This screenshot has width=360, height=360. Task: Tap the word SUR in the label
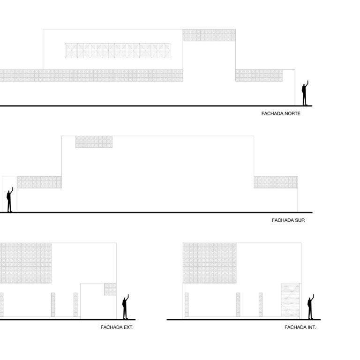coord(300,220)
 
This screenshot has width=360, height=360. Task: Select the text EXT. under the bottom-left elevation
coord(128,327)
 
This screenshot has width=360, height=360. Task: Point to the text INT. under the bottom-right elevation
coord(311,327)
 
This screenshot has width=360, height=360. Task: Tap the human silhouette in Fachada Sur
coord(9,200)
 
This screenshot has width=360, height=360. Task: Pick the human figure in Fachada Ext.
coord(125,307)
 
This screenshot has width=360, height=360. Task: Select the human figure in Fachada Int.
coord(310,307)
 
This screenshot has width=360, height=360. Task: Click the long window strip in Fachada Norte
coord(118,51)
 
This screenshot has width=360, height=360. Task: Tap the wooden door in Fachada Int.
coord(291,301)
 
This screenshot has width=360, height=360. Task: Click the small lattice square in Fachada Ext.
coord(110,289)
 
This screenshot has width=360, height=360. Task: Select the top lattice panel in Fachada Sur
coord(94,142)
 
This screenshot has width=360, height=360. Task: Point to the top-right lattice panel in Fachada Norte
coord(209,35)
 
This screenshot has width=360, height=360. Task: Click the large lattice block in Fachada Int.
coord(210,263)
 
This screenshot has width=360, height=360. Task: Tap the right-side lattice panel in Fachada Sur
coord(276,182)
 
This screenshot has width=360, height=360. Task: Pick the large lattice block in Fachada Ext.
coord(25,263)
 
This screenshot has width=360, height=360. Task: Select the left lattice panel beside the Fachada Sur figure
coord(39,182)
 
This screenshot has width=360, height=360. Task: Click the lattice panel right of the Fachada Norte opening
coord(259,75)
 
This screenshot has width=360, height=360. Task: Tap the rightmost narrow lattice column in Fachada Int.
coord(261,305)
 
